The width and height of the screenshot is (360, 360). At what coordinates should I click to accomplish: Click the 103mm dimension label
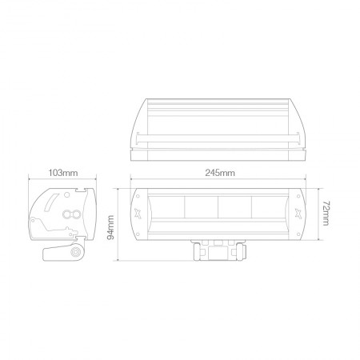coord(63,173)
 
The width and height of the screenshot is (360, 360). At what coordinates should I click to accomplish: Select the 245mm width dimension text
coord(220,173)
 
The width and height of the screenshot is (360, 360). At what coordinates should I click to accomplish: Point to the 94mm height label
coord(110,227)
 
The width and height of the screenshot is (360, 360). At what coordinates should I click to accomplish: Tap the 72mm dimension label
coord(326,214)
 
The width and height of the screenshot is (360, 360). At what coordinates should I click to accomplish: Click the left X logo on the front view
coord(138,213)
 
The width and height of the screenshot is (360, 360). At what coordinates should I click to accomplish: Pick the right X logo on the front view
coord(298,213)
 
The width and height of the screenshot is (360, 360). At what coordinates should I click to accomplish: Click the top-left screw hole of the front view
coord(138,196)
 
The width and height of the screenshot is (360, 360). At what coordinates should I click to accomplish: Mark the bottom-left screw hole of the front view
coord(138,234)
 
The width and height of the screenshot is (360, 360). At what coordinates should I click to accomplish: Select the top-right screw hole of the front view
coord(298,196)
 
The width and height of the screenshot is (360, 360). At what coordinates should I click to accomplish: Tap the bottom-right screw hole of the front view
coord(298,234)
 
